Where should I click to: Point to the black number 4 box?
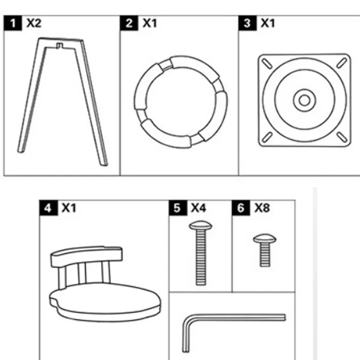[48, 208]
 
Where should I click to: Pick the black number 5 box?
[177, 208]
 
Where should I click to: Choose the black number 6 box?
[241, 208]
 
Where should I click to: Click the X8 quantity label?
[262, 208]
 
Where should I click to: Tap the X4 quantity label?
[198, 208]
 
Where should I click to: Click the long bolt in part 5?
[200, 256]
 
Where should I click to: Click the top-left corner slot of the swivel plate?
[266, 63]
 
